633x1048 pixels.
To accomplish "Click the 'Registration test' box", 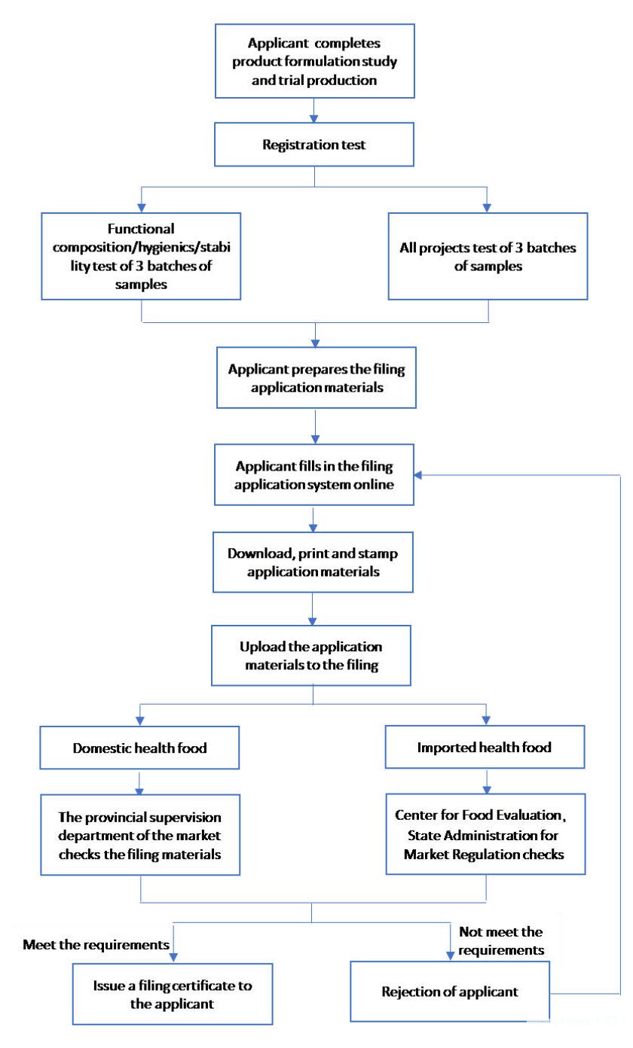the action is (314, 144).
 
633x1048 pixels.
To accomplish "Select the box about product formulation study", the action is (315, 61).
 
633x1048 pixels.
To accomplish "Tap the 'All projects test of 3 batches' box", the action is (488, 256).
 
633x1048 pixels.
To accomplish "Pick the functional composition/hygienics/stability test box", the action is (141, 256).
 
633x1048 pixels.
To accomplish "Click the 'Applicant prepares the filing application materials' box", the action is (316, 377).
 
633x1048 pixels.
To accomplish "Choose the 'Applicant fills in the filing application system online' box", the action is (314, 474).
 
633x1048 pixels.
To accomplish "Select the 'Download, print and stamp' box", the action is (313, 562).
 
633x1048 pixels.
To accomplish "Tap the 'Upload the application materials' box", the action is (311, 655).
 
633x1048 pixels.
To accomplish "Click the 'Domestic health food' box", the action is (139, 747).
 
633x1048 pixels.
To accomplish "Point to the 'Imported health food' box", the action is (485, 747).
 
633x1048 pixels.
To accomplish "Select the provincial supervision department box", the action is (140, 835).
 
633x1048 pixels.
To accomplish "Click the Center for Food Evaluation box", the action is (485, 833).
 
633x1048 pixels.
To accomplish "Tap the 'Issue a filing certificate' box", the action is (173, 994).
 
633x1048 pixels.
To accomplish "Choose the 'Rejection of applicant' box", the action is (449, 991).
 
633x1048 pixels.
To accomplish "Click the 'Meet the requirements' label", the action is (96, 944).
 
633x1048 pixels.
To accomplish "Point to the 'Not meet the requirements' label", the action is (501, 940).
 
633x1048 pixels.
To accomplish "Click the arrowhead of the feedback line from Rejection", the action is (418, 475).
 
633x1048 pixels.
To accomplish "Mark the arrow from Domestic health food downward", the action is (139, 781).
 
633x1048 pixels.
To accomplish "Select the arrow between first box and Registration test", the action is (313, 111).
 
